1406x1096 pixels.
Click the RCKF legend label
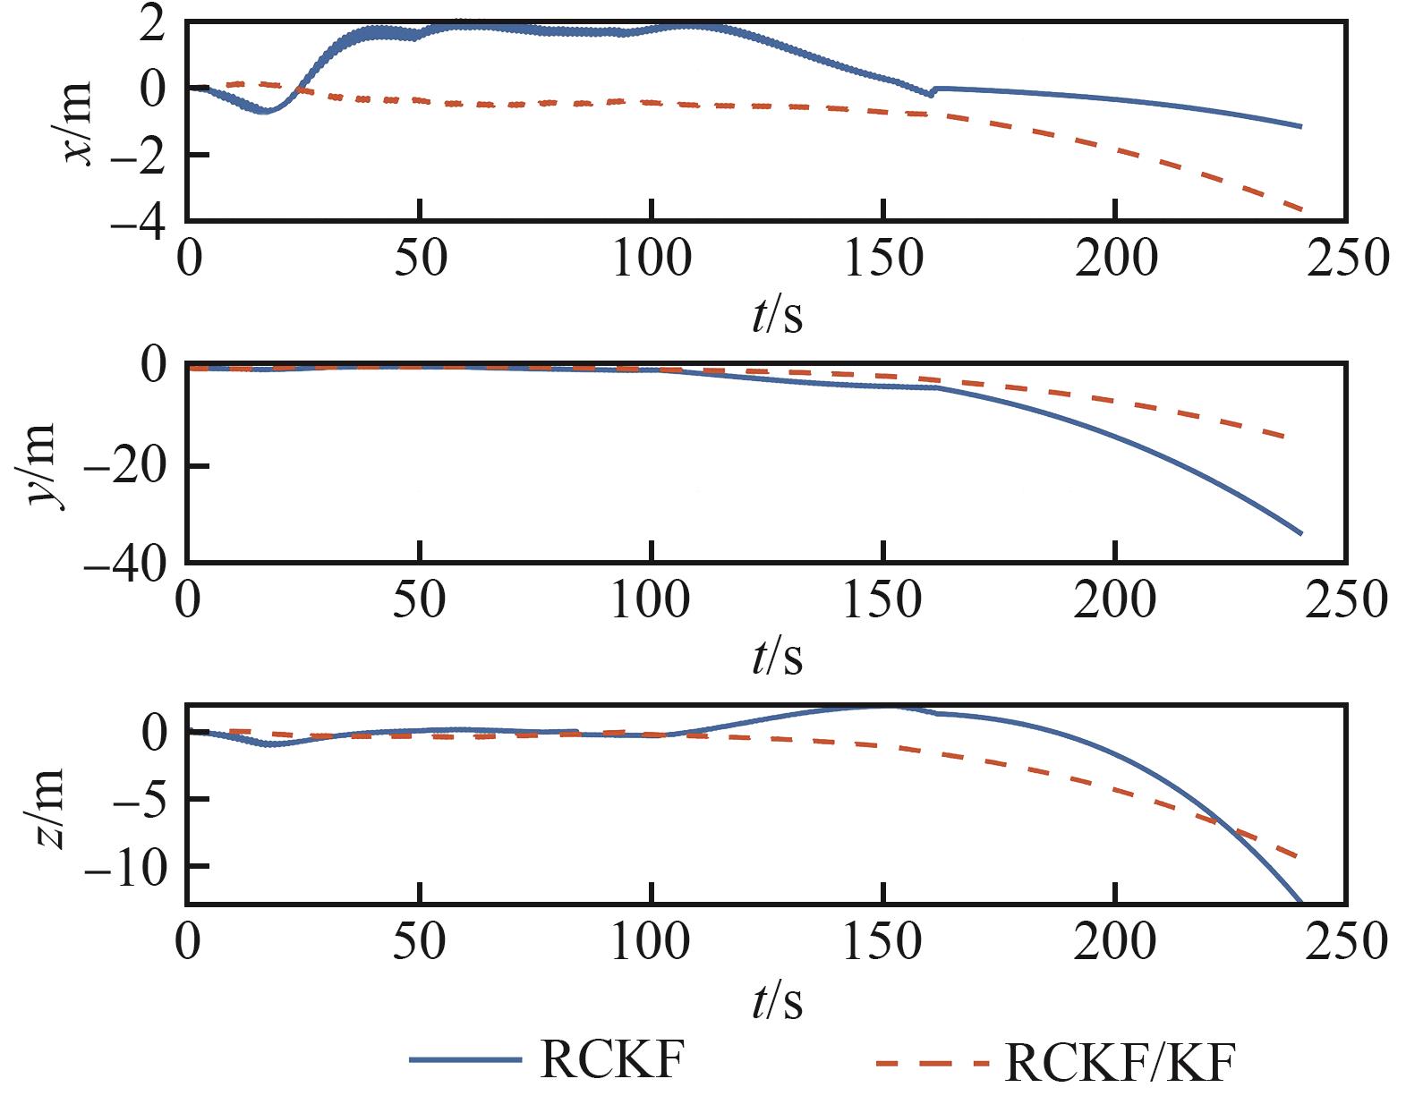click(613, 1061)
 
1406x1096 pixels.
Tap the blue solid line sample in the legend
click(464, 1061)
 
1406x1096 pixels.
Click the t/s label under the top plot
click(777, 316)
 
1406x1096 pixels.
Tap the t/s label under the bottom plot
click(777, 1002)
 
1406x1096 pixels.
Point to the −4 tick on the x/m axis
click(138, 223)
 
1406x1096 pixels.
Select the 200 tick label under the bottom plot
click(1115, 942)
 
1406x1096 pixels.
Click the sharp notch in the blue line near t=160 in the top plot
click(930, 94)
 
